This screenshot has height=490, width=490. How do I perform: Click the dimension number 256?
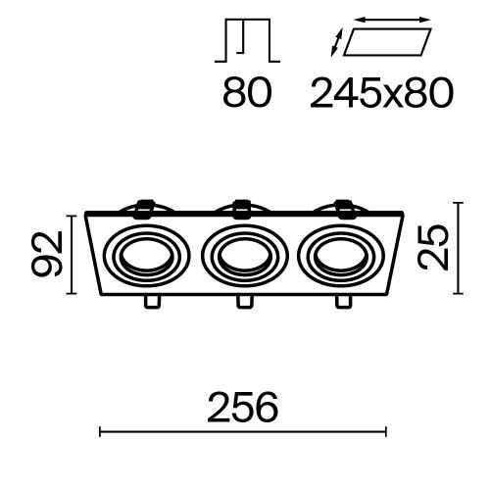point(244,405)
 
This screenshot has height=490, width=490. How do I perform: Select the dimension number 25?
point(435,247)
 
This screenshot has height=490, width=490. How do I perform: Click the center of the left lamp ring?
point(144,256)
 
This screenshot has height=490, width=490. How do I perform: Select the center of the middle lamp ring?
point(241,256)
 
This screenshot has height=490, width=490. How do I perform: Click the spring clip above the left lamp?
point(145,207)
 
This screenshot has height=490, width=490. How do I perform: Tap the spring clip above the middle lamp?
point(241,207)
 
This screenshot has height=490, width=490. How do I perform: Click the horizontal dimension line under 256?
point(244,428)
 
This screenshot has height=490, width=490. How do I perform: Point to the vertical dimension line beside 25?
point(457,247)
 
